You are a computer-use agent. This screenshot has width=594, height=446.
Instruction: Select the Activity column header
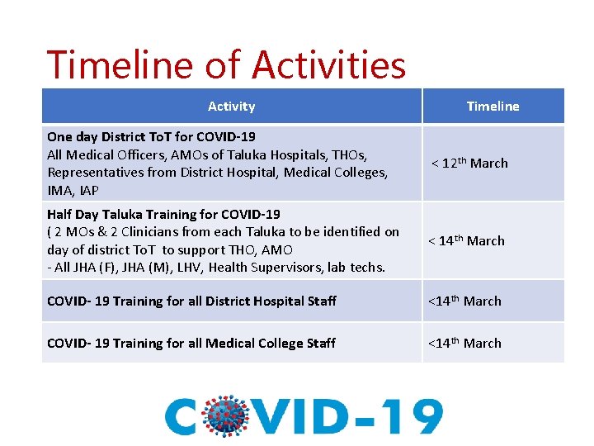pyautogui.click(x=231, y=107)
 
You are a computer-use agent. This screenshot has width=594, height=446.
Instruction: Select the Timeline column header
pyautogui.click(x=493, y=107)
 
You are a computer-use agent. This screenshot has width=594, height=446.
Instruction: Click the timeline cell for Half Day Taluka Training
pyautogui.click(x=466, y=240)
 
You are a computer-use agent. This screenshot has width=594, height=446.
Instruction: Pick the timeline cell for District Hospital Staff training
pyautogui.click(x=464, y=301)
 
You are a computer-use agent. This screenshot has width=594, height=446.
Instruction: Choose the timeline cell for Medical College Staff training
pyautogui.click(x=464, y=343)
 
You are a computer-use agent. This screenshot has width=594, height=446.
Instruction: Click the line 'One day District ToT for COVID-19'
pyautogui.click(x=151, y=137)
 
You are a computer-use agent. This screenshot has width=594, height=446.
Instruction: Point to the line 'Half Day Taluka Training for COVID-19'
pyautogui.click(x=163, y=214)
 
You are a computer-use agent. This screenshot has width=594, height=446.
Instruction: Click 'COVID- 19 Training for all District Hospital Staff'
pyautogui.click(x=191, y=301)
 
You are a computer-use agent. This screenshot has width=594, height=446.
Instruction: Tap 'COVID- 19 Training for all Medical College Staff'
pyautogui.click(x=191, y=343)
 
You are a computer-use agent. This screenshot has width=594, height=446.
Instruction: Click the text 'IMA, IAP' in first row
pyautogui.click(x=73, y=191)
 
